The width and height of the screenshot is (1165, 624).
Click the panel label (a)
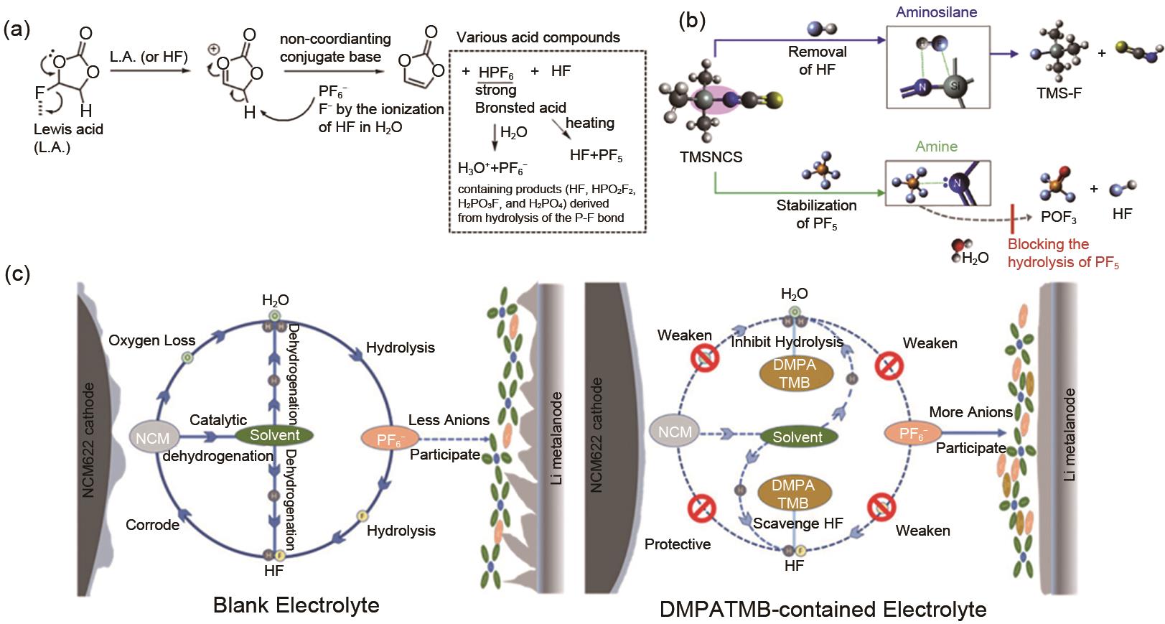point(17,30)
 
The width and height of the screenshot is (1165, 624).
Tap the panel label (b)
point(692,20)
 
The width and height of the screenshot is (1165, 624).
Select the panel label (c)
point(17,275)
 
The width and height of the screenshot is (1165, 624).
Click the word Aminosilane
point(936,12)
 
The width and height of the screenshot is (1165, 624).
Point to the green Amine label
point(936,146)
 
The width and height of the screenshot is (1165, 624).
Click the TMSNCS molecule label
point(711,157)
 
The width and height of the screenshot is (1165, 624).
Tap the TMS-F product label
point(1058,93)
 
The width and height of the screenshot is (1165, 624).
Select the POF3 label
point(1058,217)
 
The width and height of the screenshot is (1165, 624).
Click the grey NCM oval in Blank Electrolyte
point(152,437)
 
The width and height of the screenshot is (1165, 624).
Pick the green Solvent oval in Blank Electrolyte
point(274,435)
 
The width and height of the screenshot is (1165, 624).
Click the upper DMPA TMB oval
point(794,373)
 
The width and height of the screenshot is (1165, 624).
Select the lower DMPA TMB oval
point(794,494)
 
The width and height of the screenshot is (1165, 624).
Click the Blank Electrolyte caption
point(296,605)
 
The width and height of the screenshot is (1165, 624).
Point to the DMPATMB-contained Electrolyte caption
point(823,610)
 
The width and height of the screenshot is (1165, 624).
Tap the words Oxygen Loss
point(151,340)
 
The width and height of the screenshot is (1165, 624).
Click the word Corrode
point(152,525)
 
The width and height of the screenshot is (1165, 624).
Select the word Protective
point(677,544)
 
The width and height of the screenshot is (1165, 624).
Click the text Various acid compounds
point(538,38)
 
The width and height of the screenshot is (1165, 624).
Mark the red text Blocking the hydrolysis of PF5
point(1062,253)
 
